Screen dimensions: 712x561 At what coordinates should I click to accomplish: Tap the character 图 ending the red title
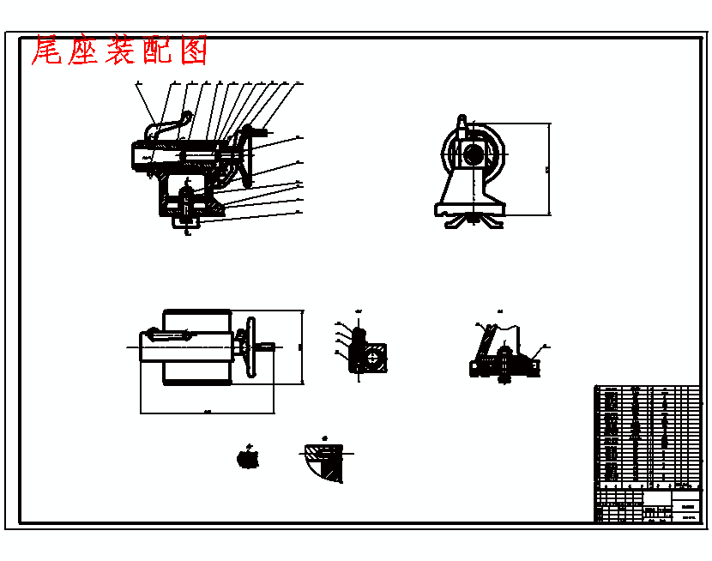(x=195, y=52)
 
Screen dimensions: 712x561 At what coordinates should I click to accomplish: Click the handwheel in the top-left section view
(x=248, y=154)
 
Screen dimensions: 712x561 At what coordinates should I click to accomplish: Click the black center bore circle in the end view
(x=473, y=155)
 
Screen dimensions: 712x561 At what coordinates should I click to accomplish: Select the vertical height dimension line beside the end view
(x=549, y=168)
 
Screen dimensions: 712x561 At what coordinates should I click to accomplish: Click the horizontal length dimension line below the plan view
(x=206, y=411)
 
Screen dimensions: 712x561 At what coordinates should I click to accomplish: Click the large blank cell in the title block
(x=656, y=498)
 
